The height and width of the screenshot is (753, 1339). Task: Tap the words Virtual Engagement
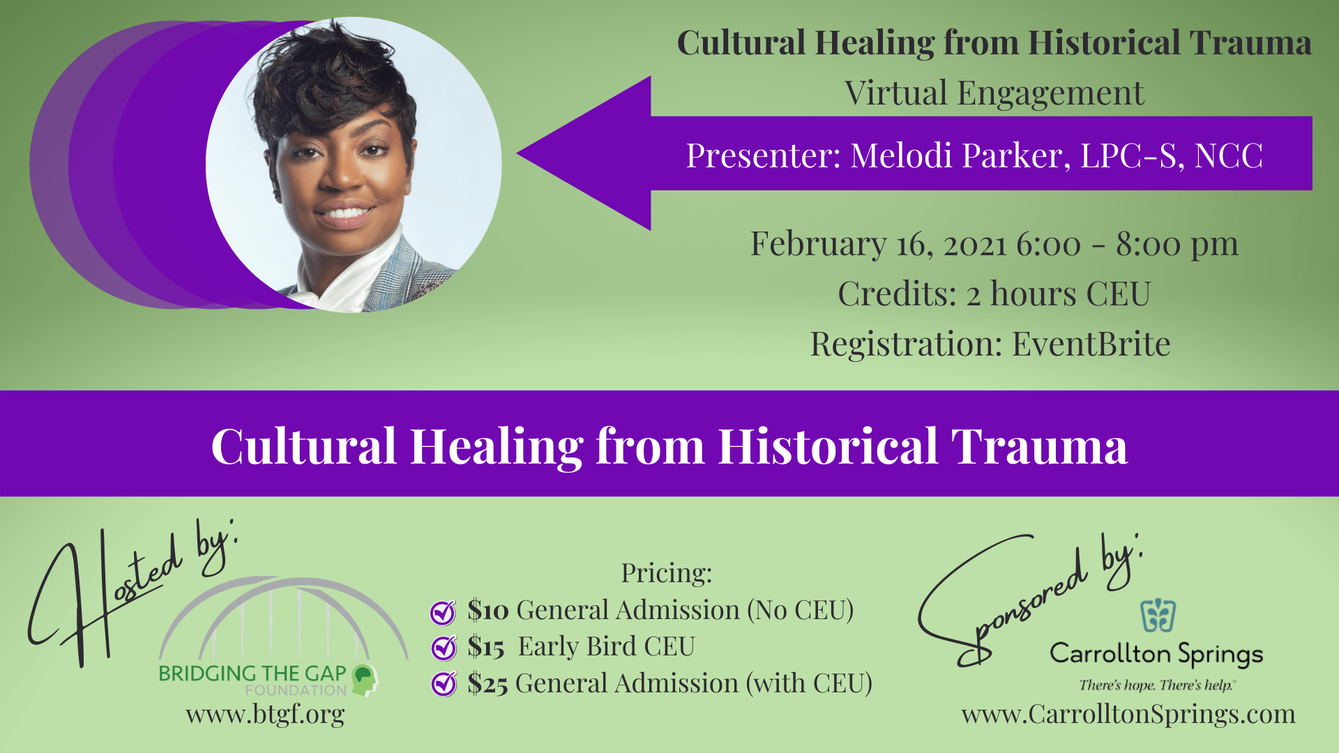[994, 94]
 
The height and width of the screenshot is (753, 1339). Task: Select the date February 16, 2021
[879, 245]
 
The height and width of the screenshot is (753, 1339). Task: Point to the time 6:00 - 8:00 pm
[1128, 245]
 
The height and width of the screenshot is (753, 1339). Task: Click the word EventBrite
[1091, 344]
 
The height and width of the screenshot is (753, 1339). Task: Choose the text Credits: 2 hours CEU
[994, 294]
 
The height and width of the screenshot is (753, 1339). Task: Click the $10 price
[488, 610]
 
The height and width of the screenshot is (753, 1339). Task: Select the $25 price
[487, 684]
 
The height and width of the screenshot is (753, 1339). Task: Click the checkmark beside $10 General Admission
[444, 611]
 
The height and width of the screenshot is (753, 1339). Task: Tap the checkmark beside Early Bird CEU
[444, 648]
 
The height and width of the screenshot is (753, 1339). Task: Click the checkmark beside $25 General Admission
[444, 684]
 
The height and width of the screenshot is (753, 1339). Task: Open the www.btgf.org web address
[265, 714]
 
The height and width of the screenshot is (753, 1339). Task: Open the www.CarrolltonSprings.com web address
[1128, 714]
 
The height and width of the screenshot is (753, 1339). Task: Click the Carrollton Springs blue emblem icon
[1158, 615]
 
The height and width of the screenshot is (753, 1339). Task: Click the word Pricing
[667, 573]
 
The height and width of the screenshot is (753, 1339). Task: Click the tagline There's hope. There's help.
[1157, 685]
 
